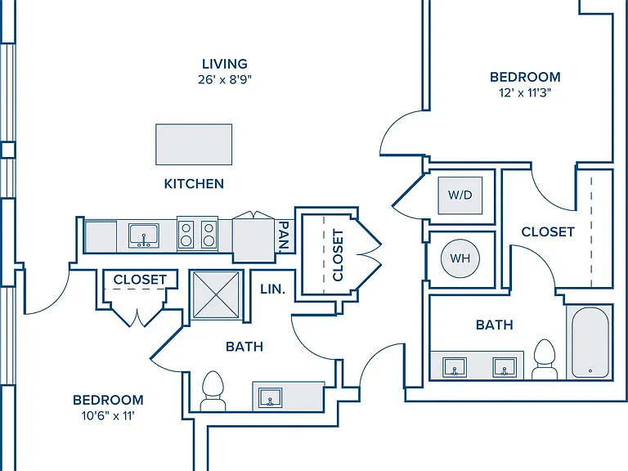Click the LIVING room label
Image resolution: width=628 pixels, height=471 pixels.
point(225,64)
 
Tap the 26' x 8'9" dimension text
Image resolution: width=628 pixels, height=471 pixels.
point(225,79)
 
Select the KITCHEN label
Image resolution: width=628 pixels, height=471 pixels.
point(194,184)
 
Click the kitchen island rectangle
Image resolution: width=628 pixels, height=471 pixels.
point(194,144)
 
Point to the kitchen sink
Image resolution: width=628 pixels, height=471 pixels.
point(143,235)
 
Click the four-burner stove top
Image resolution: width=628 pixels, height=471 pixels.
point(197,235)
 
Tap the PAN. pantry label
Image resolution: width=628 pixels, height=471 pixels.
point(284,236)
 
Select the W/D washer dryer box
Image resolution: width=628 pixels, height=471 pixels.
point(460,195)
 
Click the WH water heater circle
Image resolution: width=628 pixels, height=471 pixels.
point(460,258)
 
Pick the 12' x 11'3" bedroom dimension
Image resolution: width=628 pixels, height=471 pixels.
point(525,93)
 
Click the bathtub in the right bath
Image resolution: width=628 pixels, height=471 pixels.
point(590,343)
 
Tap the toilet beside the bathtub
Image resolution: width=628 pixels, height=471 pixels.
point(545,359)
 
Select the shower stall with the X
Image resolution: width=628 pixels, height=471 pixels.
point(216,295)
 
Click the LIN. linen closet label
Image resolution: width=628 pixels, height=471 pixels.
point(273,289)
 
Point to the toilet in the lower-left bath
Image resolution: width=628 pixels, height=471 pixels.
point(213,391)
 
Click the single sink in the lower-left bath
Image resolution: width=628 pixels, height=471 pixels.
point(270,397)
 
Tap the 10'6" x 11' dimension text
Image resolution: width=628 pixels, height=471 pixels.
point(108,416)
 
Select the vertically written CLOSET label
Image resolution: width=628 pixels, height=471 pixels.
point(339,255)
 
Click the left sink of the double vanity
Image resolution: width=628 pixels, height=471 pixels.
point(454,367)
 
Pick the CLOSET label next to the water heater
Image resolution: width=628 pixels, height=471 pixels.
point(548,232)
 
